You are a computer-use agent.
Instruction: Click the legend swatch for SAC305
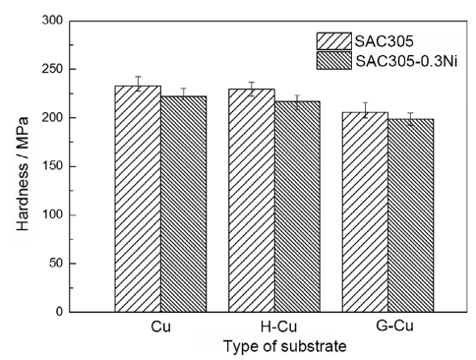333,40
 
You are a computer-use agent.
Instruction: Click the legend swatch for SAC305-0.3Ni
333,60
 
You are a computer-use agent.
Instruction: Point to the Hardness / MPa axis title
23,166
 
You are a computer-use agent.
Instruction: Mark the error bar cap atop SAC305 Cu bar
138,77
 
